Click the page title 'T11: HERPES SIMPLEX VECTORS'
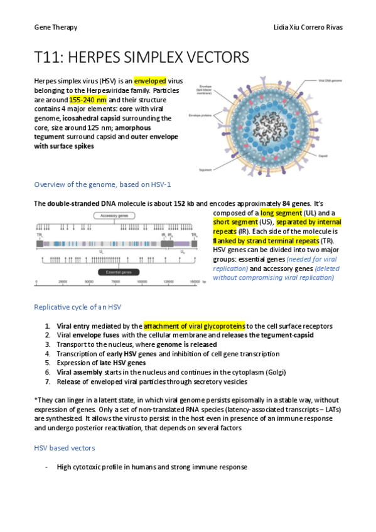(142, 58)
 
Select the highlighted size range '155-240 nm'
(88, 100)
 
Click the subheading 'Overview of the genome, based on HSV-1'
(102, 184)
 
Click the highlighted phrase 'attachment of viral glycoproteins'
(194, 326)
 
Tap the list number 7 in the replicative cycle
(48, 381)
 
